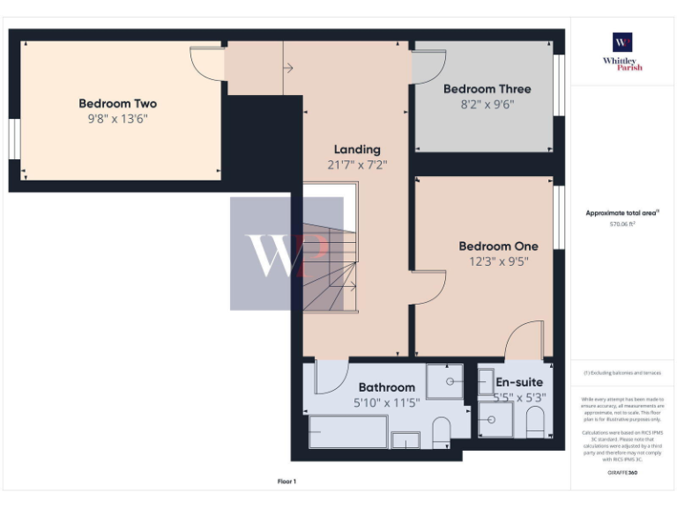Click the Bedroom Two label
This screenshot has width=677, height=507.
[117, 103]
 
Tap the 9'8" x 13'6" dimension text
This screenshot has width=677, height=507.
[117, 119]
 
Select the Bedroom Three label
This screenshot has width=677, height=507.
[487, 89]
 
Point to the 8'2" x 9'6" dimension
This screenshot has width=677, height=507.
[487, 104]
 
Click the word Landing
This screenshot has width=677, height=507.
[357, 149]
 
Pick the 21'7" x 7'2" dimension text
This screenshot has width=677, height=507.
[357, 165]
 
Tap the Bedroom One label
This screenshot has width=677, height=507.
[498, 246]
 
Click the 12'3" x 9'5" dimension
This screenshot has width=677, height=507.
[498, 261]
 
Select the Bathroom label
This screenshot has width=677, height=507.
[386, 387]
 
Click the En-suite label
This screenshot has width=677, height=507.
[519, 382]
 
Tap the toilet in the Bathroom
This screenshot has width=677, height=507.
[442, 430]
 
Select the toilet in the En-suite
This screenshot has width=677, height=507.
[534, 422]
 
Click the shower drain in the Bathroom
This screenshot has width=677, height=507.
[450, 382]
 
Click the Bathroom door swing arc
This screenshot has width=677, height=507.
[330, 378]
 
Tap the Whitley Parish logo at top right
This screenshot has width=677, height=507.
[622, 51]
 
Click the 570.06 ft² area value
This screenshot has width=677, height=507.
[622, 224]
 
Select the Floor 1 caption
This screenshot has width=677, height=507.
[287, 481]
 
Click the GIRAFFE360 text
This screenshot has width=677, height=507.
[622, 473]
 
